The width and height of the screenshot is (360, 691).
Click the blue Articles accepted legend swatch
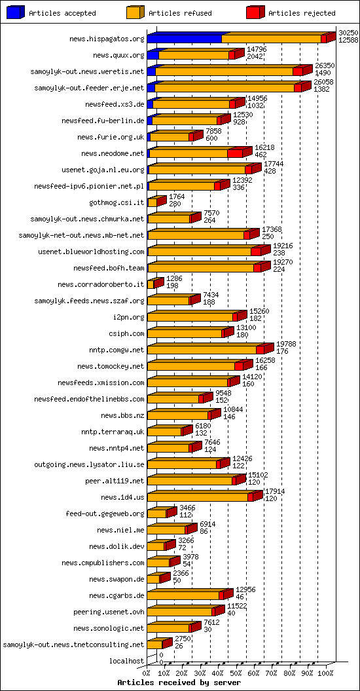coord(16,12)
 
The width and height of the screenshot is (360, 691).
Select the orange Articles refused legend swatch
coord(135,12)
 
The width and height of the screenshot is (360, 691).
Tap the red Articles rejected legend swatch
coord(255,12)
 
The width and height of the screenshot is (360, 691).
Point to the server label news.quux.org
coord(118,56)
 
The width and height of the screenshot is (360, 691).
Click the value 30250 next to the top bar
coord(348,32)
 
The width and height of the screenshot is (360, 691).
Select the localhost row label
coord(128,662)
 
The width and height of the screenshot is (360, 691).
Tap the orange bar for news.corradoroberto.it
coord(151,285)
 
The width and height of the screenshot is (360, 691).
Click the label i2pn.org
coord(128,318)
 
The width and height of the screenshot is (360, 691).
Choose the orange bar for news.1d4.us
coord(197,498)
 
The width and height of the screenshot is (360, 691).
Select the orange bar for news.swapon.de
coord(153,580)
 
